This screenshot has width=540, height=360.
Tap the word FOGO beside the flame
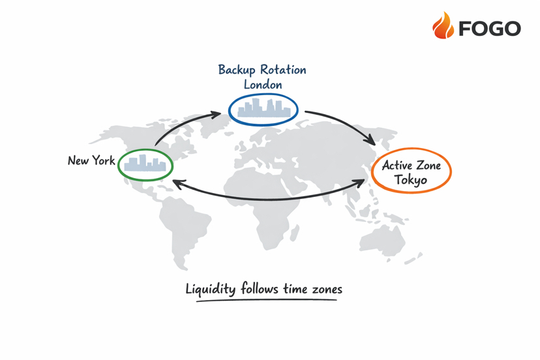point(489,28)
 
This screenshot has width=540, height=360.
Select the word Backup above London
point(237,70)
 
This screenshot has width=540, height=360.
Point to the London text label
point(262,84)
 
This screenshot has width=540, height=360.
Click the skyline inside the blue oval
point(263,109)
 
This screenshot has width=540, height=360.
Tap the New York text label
point(91,160)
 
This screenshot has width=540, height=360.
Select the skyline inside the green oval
point(145,164)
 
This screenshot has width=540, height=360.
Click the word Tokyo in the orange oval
point(411,179)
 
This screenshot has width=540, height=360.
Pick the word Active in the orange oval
point(397,165)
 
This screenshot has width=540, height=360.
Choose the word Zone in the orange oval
point(428,165)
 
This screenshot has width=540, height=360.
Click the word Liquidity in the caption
point(211,289)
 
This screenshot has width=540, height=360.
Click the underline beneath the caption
point(267,301)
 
